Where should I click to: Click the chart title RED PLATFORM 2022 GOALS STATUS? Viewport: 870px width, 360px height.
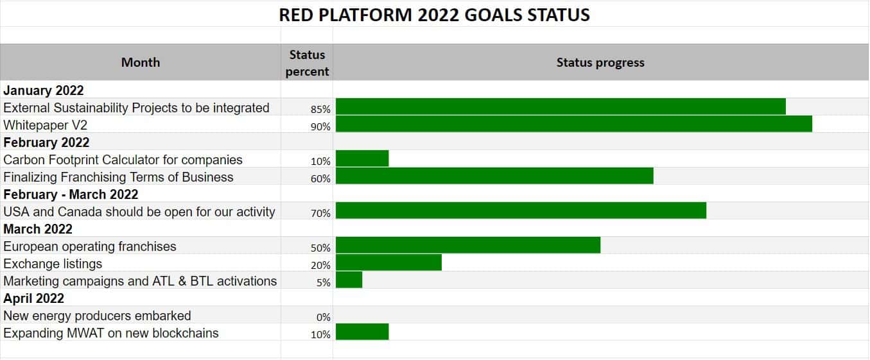click(x=434, y=15)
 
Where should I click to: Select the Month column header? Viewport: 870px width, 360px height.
click(x=140, y=62)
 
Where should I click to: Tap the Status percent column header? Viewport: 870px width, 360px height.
click(x=307, y=63)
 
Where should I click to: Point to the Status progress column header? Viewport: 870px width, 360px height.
click(x=600, y=62)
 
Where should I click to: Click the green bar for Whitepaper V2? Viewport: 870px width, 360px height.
click(x=573, y=124)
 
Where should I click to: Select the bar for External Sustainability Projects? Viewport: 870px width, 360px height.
click(x=561, y=107)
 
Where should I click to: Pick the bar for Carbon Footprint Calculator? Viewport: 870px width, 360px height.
click(x=362, y=159)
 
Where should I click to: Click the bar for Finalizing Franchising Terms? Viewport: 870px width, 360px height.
click(x=494, y=176)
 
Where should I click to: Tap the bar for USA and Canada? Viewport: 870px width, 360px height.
click(x=521, y=210)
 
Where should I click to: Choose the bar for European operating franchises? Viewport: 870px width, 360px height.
click(x=468, y=245)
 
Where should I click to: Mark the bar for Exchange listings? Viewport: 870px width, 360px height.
click(x=388, y=262)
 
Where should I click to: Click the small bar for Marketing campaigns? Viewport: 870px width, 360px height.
click(x=349, y=280)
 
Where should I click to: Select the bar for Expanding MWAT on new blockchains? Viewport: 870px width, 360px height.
click(x=362, y=332)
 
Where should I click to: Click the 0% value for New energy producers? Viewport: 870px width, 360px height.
click(x=323, y=317)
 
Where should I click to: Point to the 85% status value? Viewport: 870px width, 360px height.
click(x=320, y=109)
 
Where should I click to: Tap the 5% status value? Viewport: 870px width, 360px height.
click(x=323, y=282)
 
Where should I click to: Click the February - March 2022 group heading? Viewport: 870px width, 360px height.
click(x=71, y=194)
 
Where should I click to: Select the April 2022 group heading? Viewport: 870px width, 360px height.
click(x=34, y=298)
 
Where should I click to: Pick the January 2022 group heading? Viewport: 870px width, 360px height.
click(x=44, y=90)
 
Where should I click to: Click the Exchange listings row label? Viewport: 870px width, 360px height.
click(x=53, y=264)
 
